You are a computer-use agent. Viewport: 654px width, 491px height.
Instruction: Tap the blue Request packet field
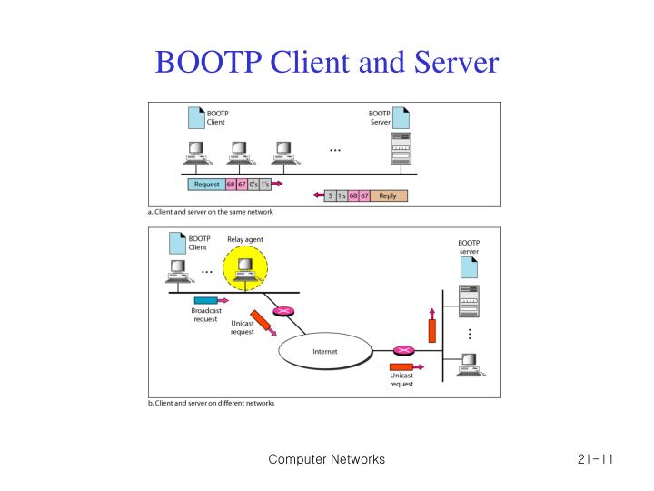(205, 184)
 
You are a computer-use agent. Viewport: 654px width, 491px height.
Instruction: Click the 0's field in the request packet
(252, 184)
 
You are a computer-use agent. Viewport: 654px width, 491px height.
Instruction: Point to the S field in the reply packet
(329, 195)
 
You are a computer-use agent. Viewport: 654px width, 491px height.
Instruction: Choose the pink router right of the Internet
(401, 350)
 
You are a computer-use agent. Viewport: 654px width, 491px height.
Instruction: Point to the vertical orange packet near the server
(432, 325)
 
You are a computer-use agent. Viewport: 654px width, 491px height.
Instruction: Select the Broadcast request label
(206, 315)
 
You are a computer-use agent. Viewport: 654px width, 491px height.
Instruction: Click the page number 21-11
(595, 460)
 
